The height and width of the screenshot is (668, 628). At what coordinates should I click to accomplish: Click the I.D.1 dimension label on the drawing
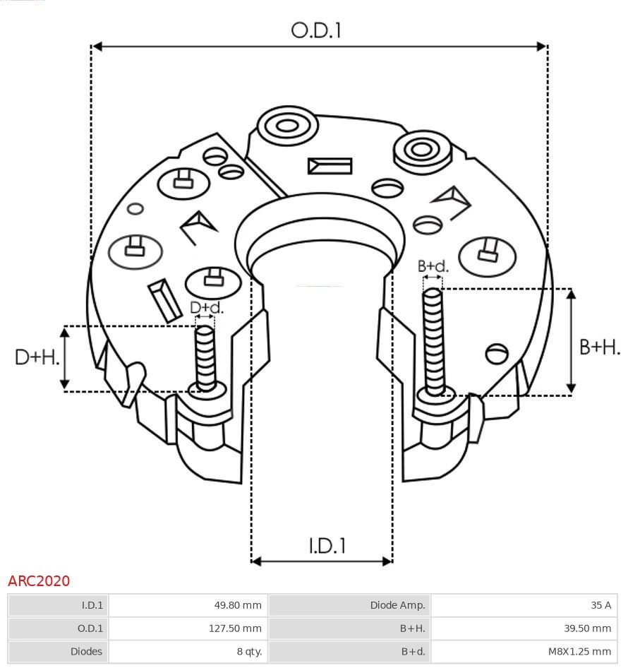[x=327, y=545]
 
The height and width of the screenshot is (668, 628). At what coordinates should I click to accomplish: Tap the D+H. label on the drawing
[x=37, y=357]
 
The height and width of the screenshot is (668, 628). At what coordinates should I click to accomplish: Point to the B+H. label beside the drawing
[x=599, y=347]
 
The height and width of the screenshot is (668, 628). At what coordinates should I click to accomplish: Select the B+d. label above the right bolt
[x=433, y=266]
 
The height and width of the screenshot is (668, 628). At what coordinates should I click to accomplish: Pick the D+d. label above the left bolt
[x=207, y=308]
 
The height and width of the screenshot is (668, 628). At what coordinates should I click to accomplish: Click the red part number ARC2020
[x=39, y=580]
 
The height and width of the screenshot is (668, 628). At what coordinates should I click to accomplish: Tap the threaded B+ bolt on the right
[x=433, y=339]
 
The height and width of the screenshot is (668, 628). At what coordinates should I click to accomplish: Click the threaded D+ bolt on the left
[x=205, y=357]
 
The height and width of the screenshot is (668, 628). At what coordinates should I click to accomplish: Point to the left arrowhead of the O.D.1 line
[x=97, y=47]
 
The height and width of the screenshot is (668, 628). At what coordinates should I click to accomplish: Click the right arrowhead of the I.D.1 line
[x=387, y=561]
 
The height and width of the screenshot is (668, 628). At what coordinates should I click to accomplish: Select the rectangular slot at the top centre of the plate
[x=330, y=166]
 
